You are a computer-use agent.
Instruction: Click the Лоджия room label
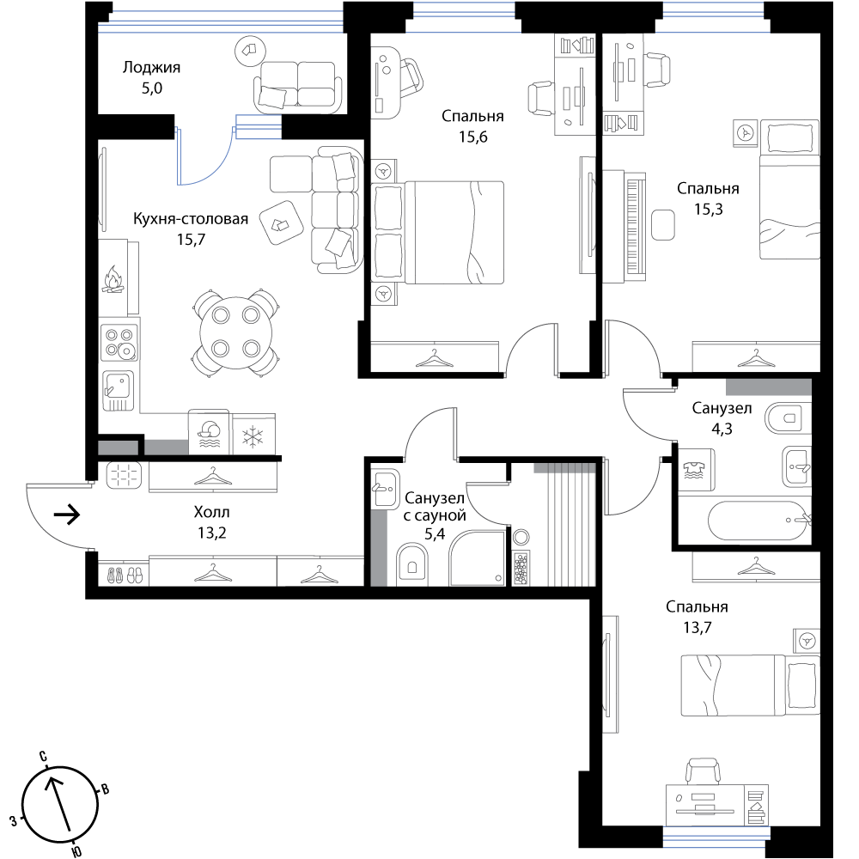click(151, 67)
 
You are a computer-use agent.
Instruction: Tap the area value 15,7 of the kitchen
click(191, 240)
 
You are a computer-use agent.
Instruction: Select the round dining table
click(236, 332)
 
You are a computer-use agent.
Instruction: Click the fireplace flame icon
click(113, 280)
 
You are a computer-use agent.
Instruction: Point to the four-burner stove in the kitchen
click(119, 342)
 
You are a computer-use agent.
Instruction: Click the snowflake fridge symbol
click(253, 437)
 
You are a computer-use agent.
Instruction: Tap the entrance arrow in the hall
click(67, 515)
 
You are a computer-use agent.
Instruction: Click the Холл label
click(211, 512)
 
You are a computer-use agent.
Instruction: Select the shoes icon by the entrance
click(124, 574)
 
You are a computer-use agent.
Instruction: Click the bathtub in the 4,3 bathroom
click(758, 521)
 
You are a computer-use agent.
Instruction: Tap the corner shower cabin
click(477, 557)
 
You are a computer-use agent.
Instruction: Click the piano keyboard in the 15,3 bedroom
click(635, 227)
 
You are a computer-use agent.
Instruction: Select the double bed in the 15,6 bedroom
click(437, 233)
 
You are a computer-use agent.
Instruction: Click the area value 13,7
click(697, 627)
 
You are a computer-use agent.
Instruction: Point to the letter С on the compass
click(43, 757)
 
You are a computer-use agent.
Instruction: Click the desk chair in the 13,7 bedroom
click(704, 771)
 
